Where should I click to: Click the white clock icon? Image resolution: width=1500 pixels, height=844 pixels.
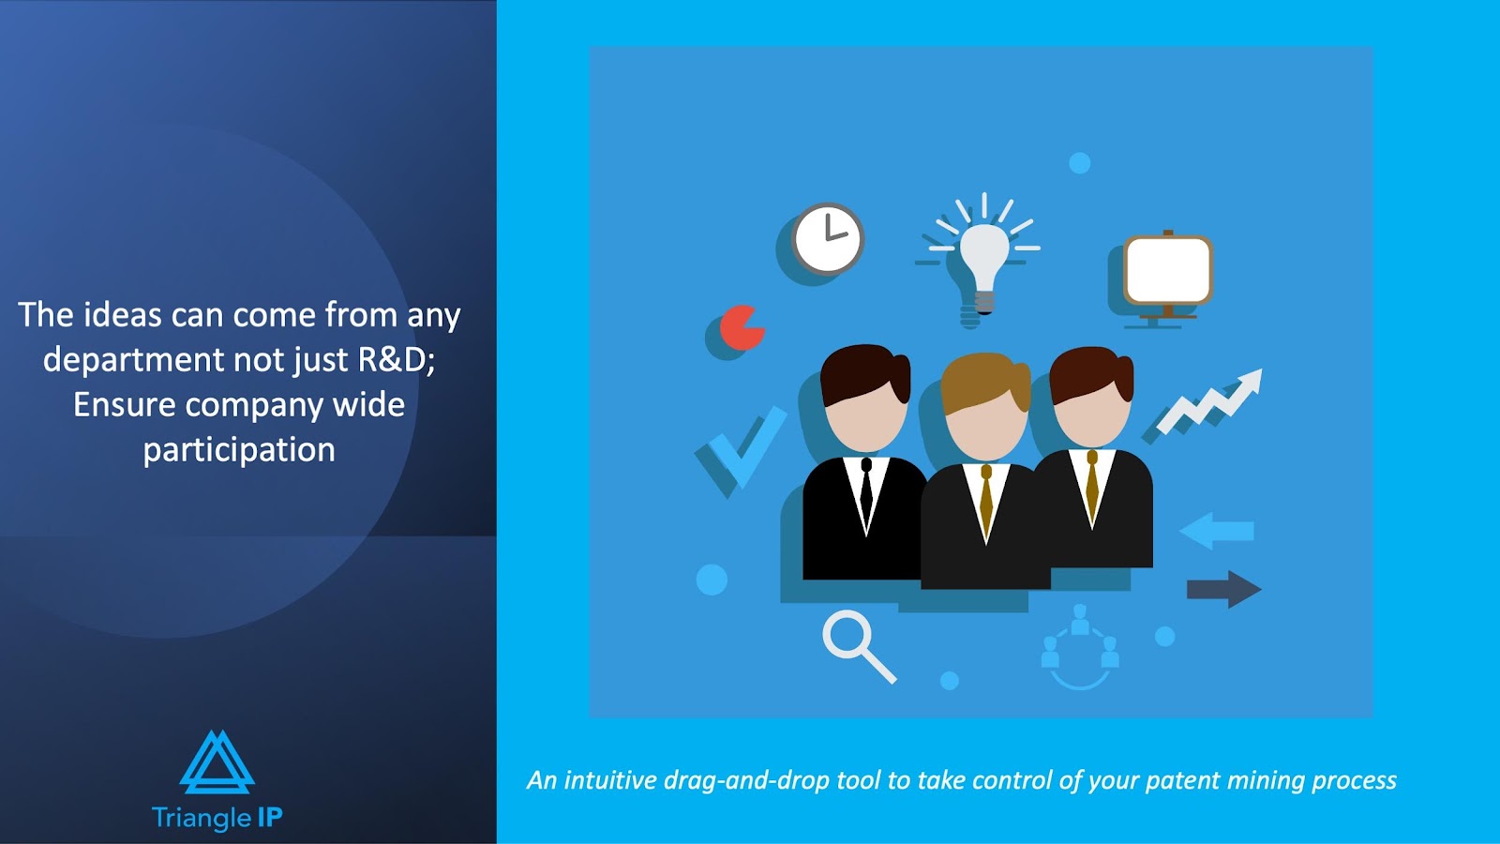click(x=828, y=238)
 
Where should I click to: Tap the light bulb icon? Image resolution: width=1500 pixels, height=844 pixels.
click(x=983, y=262)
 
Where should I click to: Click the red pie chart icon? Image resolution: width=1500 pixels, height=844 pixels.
click(x=742, y=327)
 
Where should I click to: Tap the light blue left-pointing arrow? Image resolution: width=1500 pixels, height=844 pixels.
click(x=1217, y=531)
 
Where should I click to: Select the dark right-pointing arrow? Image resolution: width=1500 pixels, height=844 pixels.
click(x=1224, y=590)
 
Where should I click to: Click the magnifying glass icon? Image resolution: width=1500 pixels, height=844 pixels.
click(x=859, y=646)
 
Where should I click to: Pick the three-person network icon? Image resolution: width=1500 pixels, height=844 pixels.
click(x=1079, y=647)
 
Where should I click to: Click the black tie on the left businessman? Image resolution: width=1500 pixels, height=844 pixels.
click(x=866, y=488)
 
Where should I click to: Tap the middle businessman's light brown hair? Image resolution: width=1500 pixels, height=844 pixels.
click(x=985, y=379)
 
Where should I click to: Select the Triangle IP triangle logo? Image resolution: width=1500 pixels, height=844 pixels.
click(x=217, y=762)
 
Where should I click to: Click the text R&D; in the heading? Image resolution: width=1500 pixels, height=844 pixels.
click(x=397, y=360)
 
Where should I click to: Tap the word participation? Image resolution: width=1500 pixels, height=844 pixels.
click(x=239, y=450)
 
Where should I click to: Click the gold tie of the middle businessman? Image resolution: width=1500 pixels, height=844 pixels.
click(x=985, y=499)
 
